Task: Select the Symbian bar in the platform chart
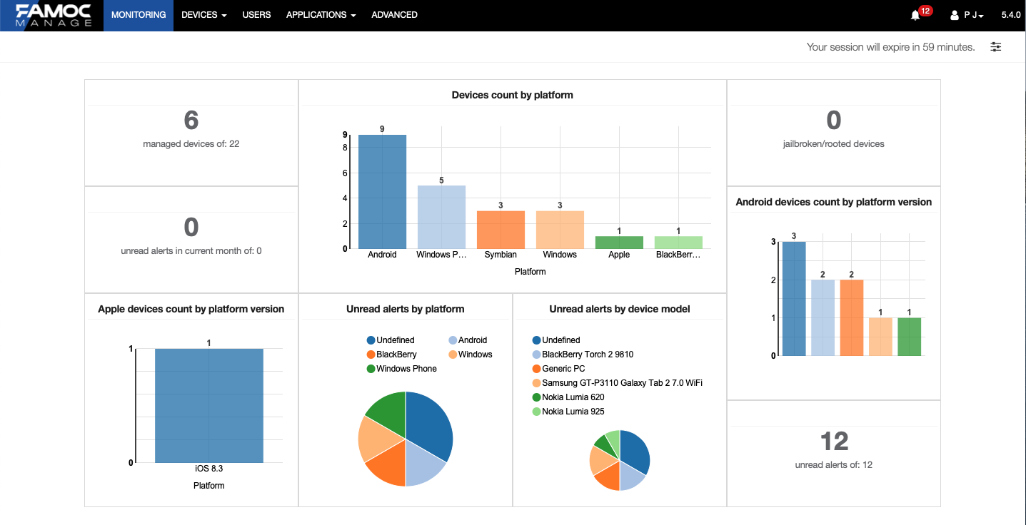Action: [x=501, y=230]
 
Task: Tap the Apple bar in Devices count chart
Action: [x=619, y=243]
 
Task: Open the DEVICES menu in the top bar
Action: [x=203, y=15]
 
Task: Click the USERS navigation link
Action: [x=256, y=15]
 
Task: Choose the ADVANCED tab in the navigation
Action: [x=394, y=15]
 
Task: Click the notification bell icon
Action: [x=915, y=15]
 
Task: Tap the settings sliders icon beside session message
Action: [x=996, y=47]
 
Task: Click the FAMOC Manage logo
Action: [x=54, y=15]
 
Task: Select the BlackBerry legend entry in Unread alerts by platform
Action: [x=396, y=355]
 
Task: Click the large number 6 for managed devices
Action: [x=191, y=121]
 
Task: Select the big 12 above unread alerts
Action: [x=834, y=442]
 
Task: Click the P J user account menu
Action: [x=968, y=15]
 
